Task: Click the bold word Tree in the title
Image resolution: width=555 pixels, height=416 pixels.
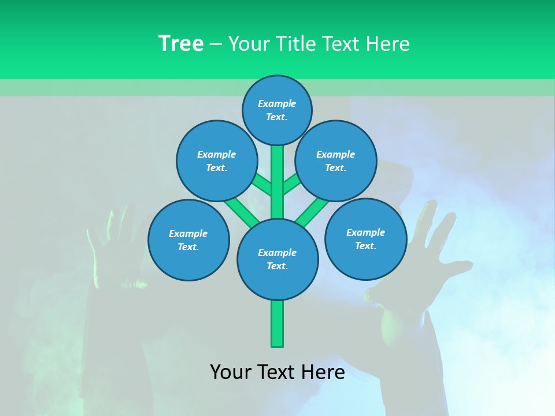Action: pyautogui.click(x=181, y=44)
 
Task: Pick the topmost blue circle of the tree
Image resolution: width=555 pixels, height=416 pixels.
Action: pyautogui.click(x=277, y=110)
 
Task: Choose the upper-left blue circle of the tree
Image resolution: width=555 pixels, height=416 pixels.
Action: pyautogui.click(x=217, y=161)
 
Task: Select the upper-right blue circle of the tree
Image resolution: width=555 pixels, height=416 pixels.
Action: pyautogui.click(x=336, y=161)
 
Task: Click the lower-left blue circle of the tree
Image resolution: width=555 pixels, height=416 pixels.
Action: pyautogui.click(x=188, y=240)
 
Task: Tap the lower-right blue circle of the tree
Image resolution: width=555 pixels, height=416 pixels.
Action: pyautogui.click(x=365, y=239)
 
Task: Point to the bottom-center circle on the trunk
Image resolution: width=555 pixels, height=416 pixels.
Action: pyautogui.click(x=277, y=259)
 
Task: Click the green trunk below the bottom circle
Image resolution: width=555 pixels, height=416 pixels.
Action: pyautogui.click(x=277, y=323)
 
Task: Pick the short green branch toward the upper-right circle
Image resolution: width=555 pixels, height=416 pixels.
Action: pyautogui.click(x=291, y=185)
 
